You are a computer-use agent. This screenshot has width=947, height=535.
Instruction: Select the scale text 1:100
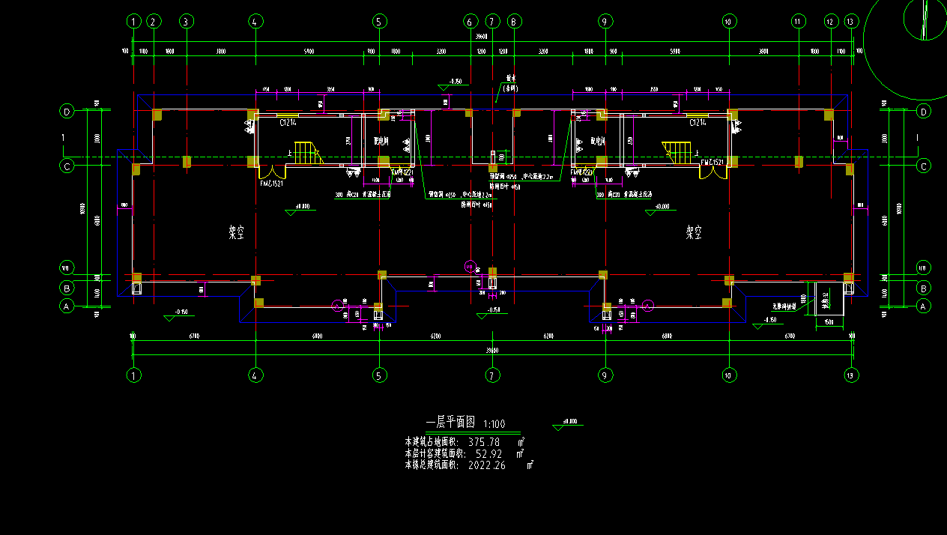point(494,424)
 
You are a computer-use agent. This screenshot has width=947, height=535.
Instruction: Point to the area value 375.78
point(483,442)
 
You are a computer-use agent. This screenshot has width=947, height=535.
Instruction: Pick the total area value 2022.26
point(487,465)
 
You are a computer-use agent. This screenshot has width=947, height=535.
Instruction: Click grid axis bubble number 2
point(154,22)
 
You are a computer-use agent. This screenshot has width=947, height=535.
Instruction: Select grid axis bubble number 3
point(187,22)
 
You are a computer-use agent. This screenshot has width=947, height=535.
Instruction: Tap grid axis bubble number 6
point(471,22)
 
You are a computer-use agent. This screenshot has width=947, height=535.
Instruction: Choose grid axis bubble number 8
point(514,22)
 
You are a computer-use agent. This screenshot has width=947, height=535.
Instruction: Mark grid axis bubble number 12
point(830,22)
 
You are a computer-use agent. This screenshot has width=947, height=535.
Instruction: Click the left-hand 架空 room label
point(237,233)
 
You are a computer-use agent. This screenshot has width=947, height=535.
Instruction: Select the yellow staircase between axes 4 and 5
point(307,153)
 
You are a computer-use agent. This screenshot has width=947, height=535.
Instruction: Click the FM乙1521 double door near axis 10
point(712,172)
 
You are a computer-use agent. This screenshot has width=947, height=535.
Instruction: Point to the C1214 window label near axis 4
point(288,121)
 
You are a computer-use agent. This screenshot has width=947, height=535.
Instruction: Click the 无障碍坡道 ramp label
point(785,306)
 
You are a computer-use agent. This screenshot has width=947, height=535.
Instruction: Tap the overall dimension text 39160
point(492,350)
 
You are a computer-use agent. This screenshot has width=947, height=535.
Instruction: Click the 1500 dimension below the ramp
point(828,321)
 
